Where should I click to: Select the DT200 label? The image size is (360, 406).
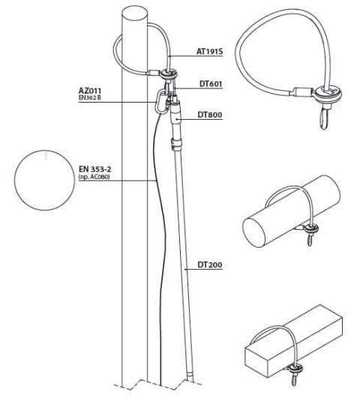212,265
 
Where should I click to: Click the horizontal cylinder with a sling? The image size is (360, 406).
277,218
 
